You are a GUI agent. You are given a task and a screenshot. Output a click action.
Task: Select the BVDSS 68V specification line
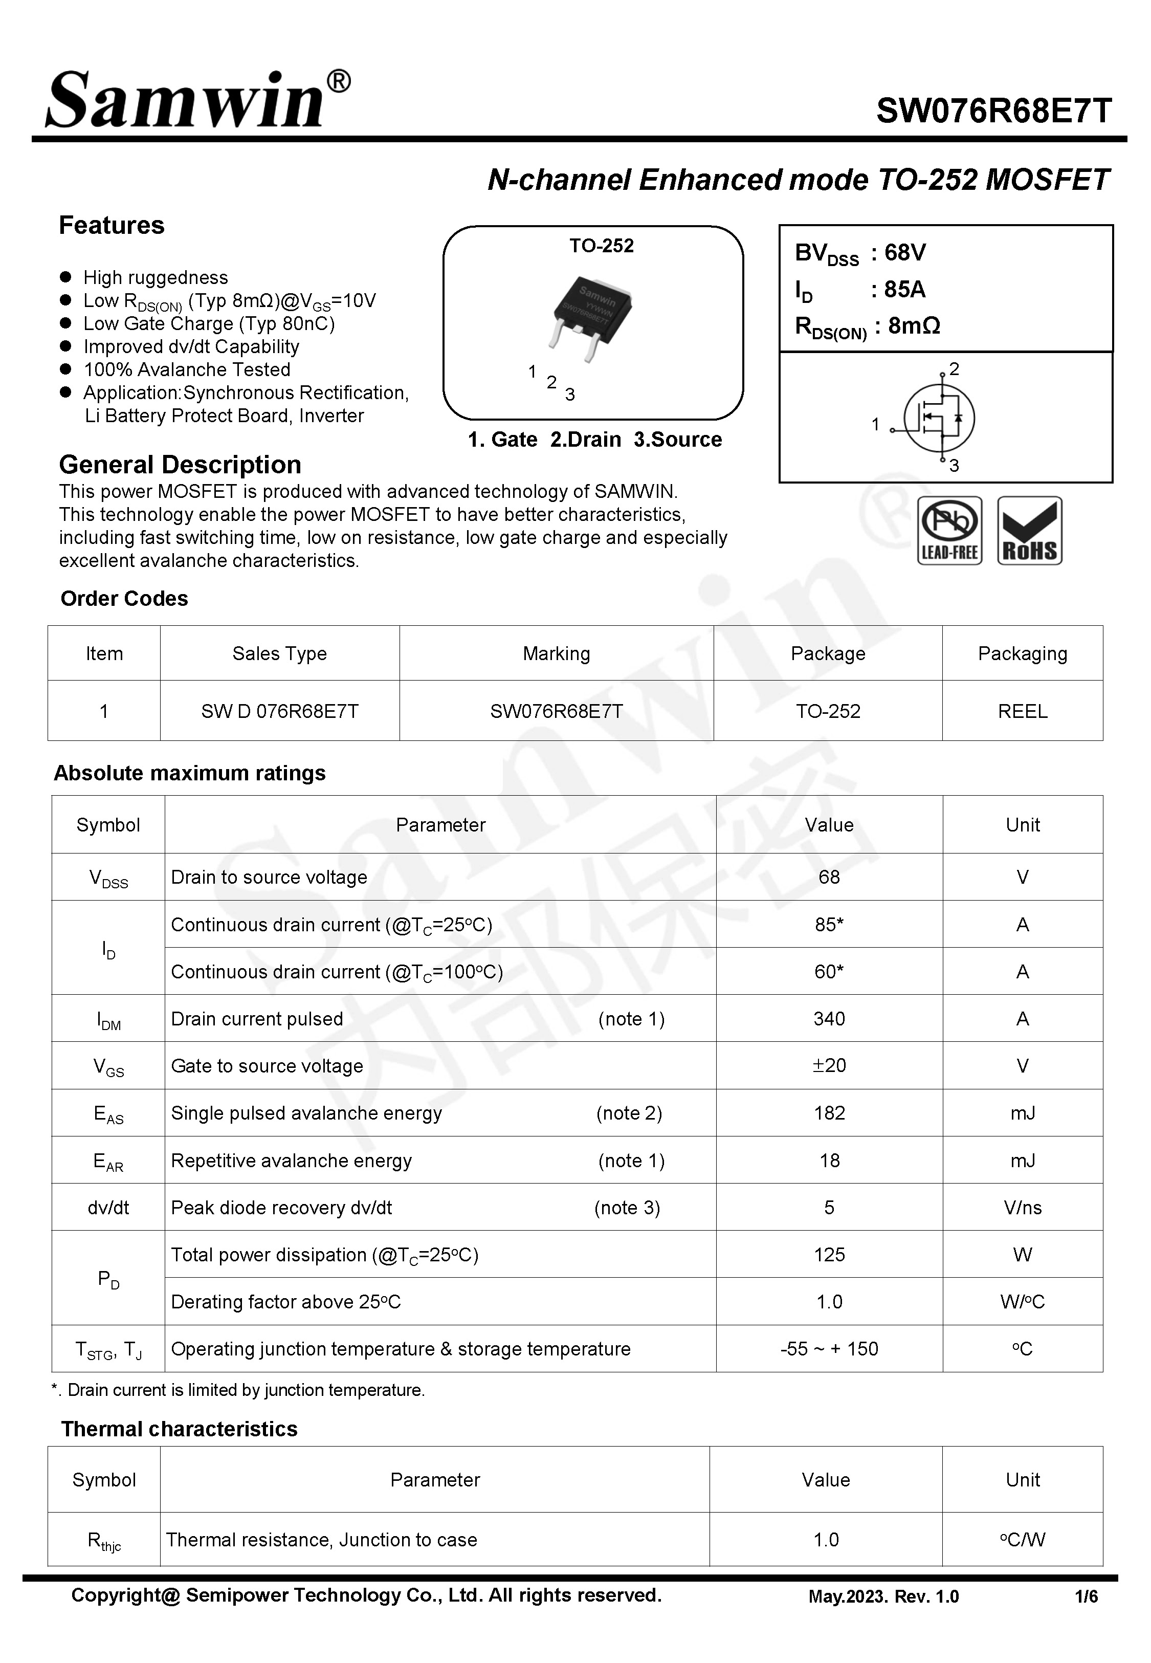coord(859,253)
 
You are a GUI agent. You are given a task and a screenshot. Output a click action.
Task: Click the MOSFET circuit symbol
coord(938,418)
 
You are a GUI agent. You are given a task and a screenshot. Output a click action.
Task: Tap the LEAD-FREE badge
coord(949,530)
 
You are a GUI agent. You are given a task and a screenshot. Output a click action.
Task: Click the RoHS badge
coord(1029,530)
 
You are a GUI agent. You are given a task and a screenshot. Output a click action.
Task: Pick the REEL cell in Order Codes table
coord(1022,711)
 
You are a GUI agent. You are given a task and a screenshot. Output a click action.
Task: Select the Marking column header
coord(556,653)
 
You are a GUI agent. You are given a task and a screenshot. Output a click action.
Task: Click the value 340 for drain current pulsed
coord(829,1018)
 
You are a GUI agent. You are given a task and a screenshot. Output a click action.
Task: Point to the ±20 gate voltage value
coord(829,1065)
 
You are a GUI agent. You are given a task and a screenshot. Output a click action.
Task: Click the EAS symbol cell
coord(108,1113)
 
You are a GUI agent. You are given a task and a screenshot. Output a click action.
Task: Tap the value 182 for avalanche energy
coord(829,1113)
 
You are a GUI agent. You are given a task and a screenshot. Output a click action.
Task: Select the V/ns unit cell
coord(1022,1207)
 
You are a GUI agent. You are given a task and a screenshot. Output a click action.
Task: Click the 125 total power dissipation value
coord(829,1254)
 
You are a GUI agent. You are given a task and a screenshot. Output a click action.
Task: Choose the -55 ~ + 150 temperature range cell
coord(829,1349)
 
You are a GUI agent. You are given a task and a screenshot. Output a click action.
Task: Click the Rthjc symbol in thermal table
coord(104,1540)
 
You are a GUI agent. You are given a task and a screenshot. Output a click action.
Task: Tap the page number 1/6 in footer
coord(1086,1596)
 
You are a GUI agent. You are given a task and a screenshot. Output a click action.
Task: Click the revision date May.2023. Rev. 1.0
coord(883,1596)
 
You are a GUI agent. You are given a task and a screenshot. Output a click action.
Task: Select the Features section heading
coord(112,225)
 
